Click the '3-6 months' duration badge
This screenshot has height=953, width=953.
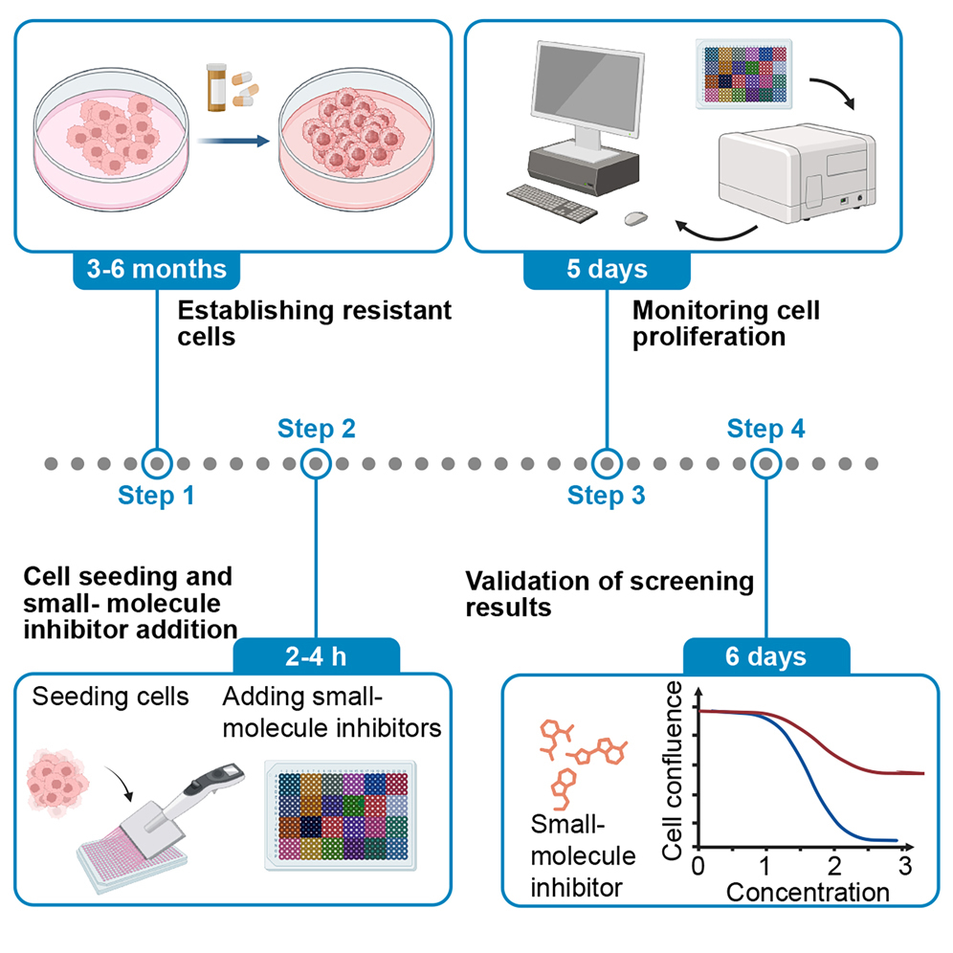click(x=154, y=269)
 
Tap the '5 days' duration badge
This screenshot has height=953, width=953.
click(x=606, y=269)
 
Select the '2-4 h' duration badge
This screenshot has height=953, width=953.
click(x=316, y=658)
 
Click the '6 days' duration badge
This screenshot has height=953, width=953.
click(x=765, y=658)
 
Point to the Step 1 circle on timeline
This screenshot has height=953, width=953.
click(x=155, y=464)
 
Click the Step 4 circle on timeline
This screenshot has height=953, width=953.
click(x=765, y=464)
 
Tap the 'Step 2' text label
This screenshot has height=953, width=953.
click(x=317, y=429)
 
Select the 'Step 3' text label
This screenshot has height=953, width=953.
click(x=606, y=496)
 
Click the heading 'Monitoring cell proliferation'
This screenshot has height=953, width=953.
click(x=727, y=324)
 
